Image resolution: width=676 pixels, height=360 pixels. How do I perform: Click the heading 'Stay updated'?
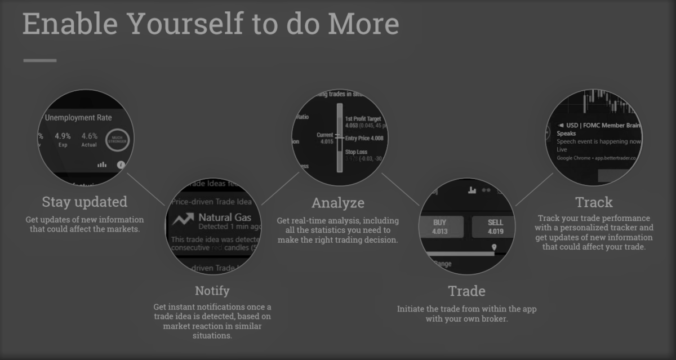(84, 202)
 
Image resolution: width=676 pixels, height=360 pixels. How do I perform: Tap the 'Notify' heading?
(212, 291)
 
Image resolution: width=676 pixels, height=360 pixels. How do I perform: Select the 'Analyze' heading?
(338, 203)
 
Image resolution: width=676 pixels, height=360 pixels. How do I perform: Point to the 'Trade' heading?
(466, 291)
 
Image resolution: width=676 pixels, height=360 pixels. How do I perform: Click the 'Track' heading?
(594, 202)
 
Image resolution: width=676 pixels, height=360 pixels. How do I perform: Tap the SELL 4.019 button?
(495, 226)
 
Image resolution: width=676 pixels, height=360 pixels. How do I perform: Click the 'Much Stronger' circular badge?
(117, 139)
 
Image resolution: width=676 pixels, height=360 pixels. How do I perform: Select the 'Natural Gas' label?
(224, 217)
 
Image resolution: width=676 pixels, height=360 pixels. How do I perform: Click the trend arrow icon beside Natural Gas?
(184, 220)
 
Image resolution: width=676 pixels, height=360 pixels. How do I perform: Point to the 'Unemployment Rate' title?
(78, 118)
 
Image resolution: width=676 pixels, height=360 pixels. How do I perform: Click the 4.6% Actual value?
(89, 139)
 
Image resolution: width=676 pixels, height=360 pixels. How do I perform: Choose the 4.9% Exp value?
(63, 139)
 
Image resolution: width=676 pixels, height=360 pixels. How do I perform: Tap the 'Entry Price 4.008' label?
(364, 138)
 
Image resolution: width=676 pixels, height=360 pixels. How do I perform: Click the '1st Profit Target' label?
(363, 119)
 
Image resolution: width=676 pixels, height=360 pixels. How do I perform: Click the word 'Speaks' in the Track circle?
(566, 134)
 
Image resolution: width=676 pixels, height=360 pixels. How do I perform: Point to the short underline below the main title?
(39, 60)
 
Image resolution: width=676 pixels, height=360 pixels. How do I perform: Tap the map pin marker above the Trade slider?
(494, 247)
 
